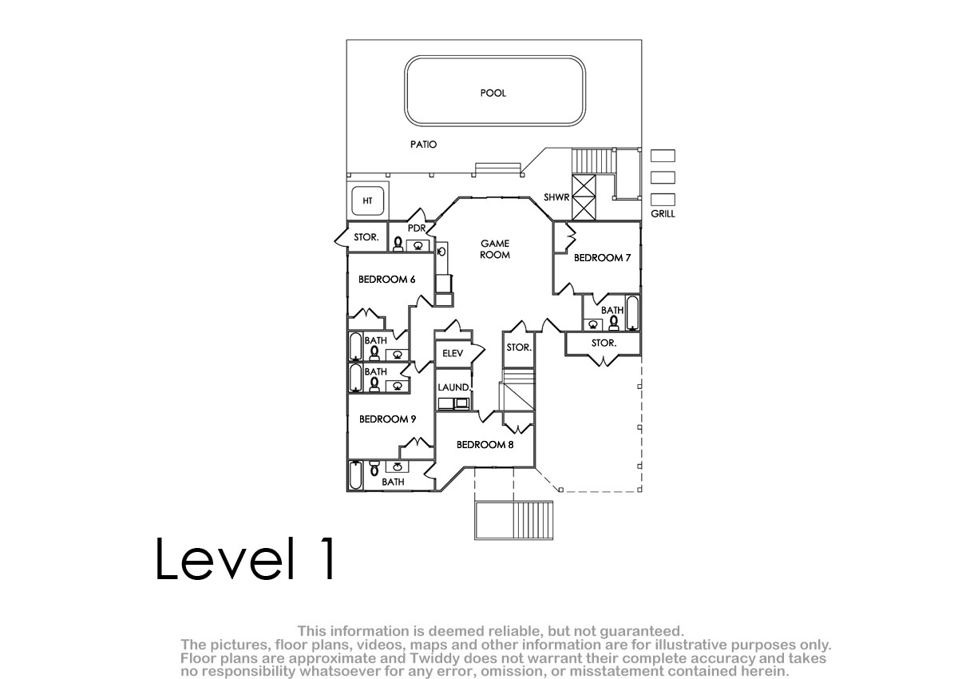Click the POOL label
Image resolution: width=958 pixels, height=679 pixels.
[x=493, y=93]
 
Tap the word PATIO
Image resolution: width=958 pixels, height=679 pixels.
[x=423, y=145]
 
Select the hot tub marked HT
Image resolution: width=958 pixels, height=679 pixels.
[x=368, y=201]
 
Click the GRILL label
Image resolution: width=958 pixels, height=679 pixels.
[x=663, y=213]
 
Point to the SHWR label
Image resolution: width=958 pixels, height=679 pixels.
[x=556, y=197]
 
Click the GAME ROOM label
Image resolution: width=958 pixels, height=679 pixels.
[x=495, y=249]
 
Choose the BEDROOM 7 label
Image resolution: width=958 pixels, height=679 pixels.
[x=602, y=257]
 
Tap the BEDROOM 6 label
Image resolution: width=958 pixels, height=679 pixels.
[x=386, y=280]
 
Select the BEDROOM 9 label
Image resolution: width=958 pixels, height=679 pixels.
[x=387, y=419]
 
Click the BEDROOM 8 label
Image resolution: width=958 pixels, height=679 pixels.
[x=485, y=444]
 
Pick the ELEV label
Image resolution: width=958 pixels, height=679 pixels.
[x=453, y=353]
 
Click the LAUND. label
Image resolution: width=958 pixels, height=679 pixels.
[x=453, y=387]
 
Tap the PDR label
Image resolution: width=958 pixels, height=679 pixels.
[x=416, y=228]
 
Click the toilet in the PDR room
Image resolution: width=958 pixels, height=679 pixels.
[x=398, y=244]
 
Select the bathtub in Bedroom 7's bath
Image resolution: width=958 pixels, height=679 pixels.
[x=632, y=313]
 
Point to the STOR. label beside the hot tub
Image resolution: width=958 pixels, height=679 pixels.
[x=366, y=237]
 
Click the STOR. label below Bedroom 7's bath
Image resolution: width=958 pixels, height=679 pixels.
[x=604, y=343]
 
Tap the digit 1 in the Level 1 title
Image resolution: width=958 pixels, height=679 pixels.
[x=329, y=558]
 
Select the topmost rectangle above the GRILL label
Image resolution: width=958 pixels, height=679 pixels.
[x=663, y=156]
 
